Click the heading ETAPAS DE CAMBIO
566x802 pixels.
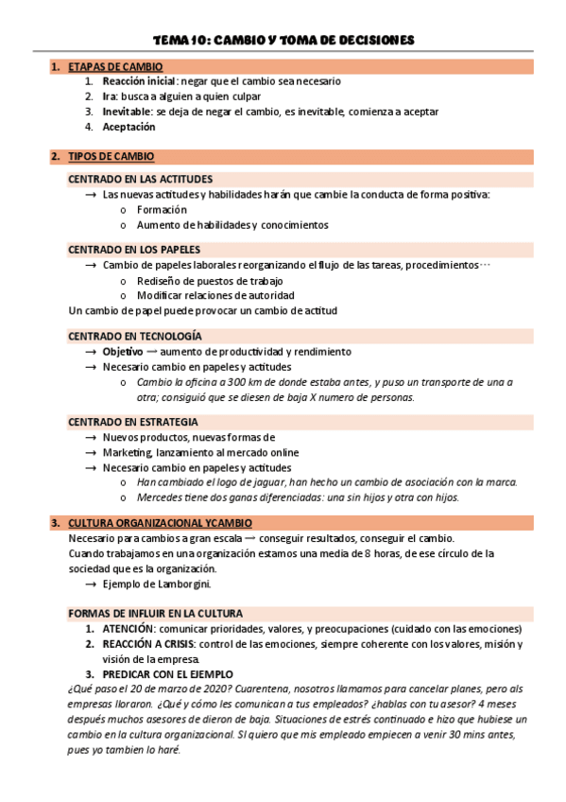(115, 66)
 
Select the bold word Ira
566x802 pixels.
(110, 96)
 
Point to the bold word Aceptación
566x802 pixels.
(129, 127)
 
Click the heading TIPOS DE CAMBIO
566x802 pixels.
(112, 156)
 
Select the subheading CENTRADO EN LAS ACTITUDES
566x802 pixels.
(140, 179)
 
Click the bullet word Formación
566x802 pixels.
(162, 209)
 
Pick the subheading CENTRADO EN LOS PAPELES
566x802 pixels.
(134, 249)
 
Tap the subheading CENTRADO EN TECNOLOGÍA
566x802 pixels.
(134, 336)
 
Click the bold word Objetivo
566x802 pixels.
(123, 351)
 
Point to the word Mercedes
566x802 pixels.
(160, 497)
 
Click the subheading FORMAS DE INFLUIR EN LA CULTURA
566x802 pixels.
(155, 613)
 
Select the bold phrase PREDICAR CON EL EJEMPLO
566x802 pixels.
(166, 673)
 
